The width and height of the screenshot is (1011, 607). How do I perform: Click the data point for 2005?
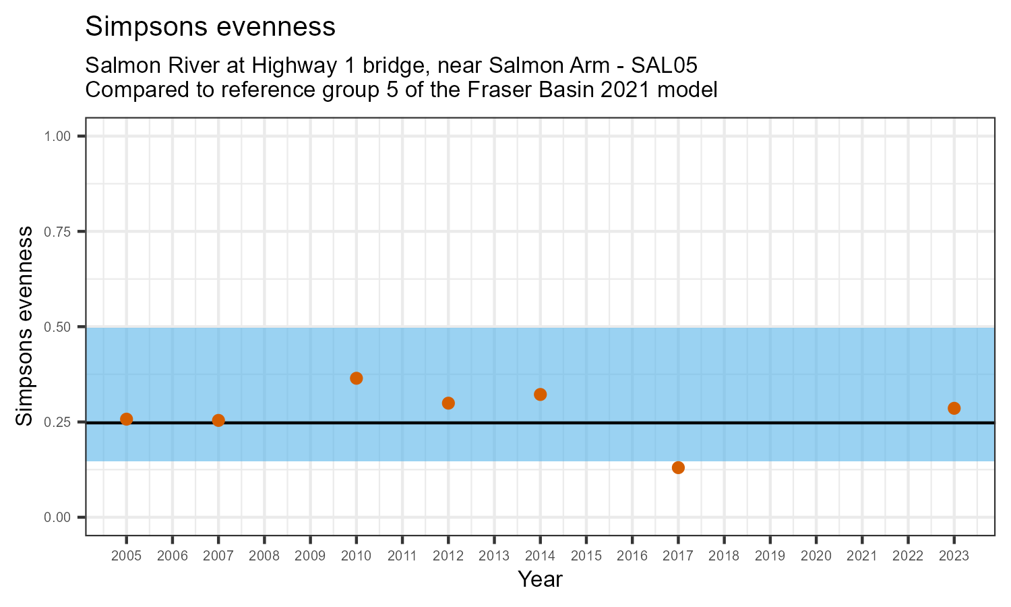coord(126,419)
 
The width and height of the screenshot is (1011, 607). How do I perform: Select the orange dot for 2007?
coord(218,420)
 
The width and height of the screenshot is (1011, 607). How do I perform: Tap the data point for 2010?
coord(357,378)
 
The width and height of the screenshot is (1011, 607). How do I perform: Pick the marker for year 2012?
coord(448,403)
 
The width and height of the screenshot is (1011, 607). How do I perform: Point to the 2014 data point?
coord(540,395)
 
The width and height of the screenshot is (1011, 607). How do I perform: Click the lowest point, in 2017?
coord(678,467)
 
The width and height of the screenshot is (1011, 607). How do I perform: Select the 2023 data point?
coord(954,408)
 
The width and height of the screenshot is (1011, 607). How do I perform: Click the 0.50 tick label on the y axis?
coord(57,327)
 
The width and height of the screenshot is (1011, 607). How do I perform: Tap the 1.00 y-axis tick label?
coord(57,137)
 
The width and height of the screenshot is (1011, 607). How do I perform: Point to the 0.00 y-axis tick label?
coord(57,517)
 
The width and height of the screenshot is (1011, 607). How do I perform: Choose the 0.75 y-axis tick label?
coord(57,232)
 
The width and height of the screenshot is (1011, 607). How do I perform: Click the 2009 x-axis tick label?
coord(310,556)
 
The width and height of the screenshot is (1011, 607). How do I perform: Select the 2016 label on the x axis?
coord(632,556)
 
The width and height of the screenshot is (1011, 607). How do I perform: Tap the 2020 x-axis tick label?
coord(816,556)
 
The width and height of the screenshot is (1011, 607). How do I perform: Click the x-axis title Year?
coord(540,579)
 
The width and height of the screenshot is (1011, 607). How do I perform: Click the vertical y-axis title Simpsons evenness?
coord(25,326)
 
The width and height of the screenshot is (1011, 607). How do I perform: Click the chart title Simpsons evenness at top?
coord(210,27)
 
